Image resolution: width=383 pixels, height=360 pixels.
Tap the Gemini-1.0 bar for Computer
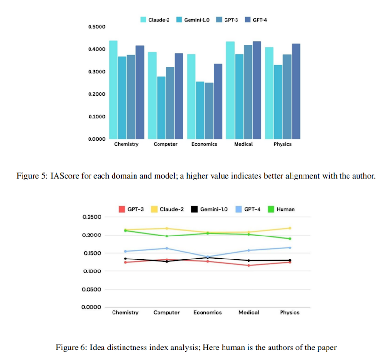coord(161,107)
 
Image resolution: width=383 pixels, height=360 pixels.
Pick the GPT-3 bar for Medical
coord(248,91)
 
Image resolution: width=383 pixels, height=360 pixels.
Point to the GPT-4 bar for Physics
coord(296,91)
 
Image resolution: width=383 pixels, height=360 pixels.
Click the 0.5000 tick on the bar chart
coord(96,27)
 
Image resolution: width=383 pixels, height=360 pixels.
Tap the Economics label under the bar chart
coord(204,144)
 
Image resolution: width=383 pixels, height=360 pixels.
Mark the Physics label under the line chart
coord(290,312)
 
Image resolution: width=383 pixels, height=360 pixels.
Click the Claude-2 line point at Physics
coord(290,228)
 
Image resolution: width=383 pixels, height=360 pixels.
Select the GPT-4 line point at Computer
coord(166,248)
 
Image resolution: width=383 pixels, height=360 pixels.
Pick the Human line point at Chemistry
coord(125,231)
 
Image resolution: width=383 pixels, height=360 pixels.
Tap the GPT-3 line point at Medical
coord(249,265)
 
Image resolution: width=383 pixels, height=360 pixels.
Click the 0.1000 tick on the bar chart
coord(96,117)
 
